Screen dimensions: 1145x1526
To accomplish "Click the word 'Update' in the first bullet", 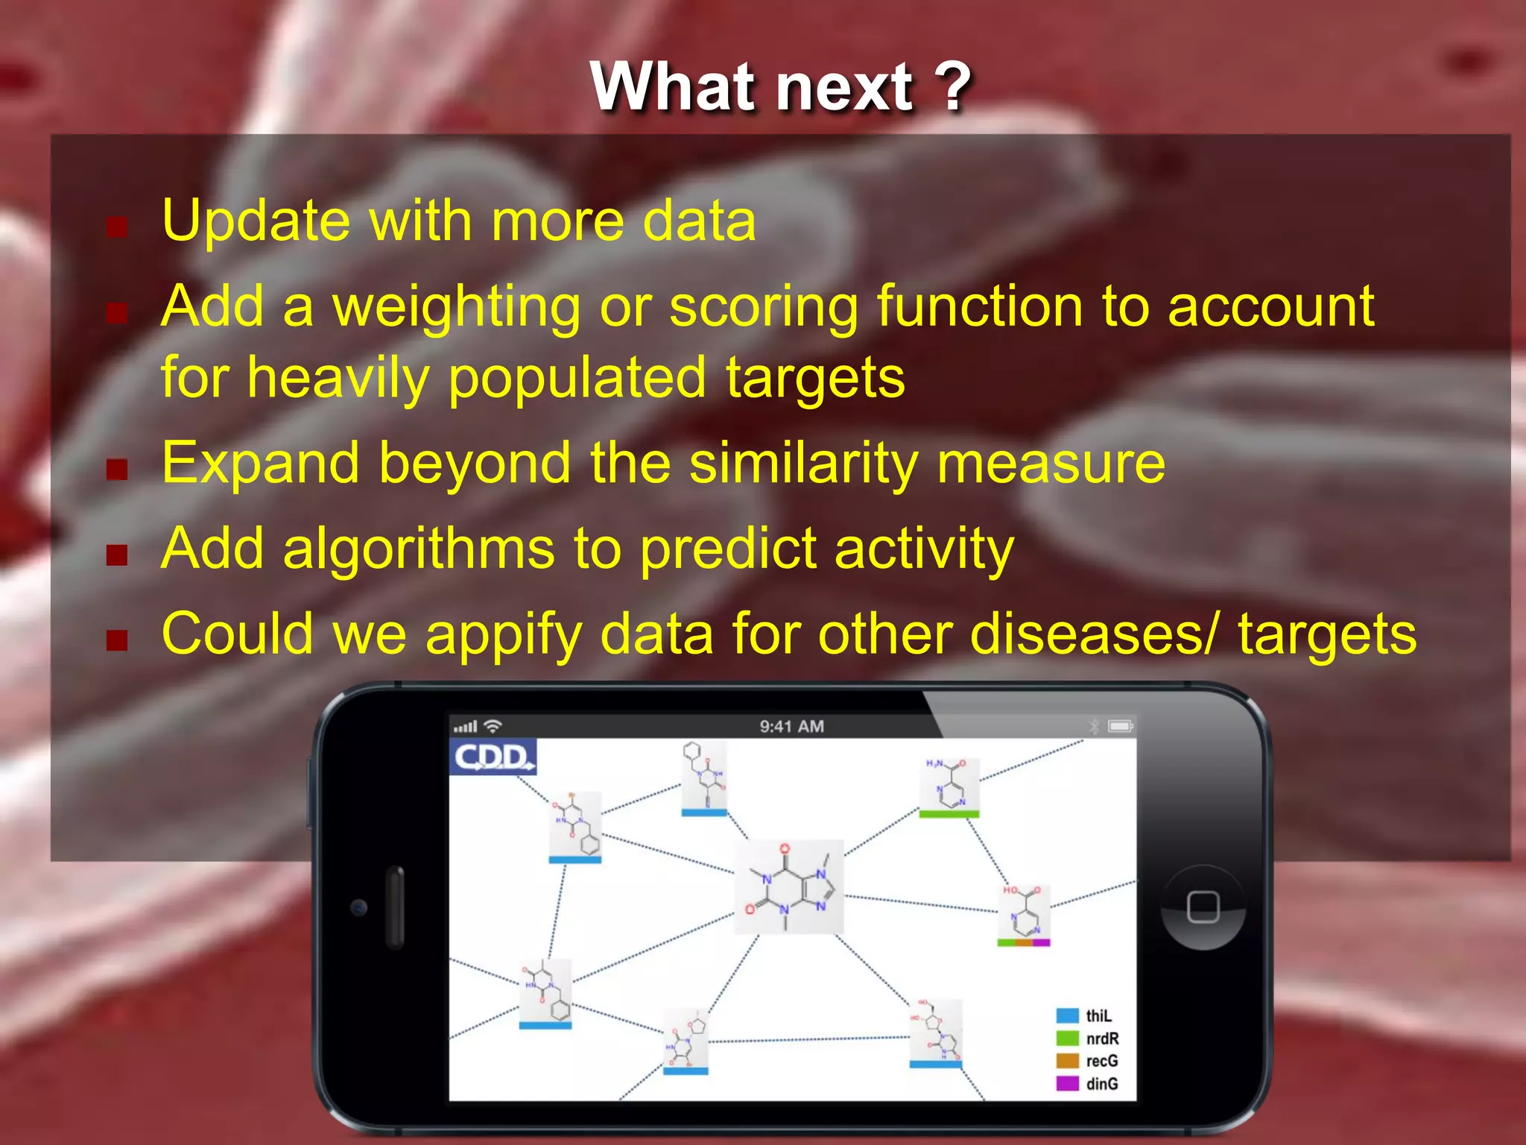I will tap(256, 221).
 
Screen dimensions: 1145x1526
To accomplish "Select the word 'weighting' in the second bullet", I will tap(456, 307).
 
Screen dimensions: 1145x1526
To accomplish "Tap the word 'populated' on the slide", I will tap(577, 378).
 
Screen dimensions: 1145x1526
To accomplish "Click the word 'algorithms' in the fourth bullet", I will tap(419, 549).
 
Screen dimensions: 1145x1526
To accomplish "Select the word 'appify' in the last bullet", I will tap(503, 634).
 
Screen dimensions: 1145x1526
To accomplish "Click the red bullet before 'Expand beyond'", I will tap(117, 469).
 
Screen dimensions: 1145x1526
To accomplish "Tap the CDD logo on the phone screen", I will tap(493, 757).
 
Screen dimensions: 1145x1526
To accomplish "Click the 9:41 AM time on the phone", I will tap(791, 726).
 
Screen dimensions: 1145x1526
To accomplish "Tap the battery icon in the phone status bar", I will tap(1120, 726).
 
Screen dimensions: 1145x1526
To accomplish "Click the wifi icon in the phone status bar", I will tap(493, 725).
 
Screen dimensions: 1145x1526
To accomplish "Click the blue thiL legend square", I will tap(1067, 1016).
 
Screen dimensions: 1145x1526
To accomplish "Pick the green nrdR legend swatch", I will tap(1067, 1038).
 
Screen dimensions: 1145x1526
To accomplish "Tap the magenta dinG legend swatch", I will tap(1067, 1083).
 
